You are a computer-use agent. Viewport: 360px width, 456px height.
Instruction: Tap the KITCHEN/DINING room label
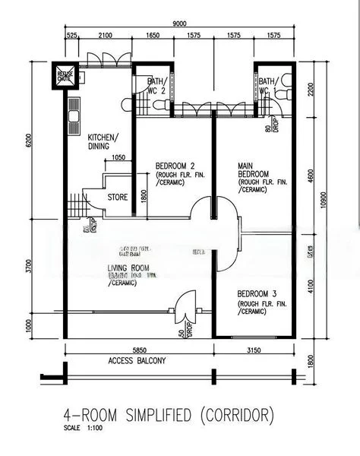(103, 141)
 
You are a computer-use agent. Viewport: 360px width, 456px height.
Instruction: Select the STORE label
(118, 197)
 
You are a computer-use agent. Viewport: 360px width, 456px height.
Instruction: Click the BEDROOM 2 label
(175, 166)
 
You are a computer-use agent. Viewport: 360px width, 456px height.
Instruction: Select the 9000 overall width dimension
(179, 24)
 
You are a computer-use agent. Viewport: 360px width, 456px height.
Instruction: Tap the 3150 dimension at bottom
(254, 350)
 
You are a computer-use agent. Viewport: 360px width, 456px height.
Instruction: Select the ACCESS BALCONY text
(137, 361)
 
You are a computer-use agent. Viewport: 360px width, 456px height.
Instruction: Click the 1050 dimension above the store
(118, 157)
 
